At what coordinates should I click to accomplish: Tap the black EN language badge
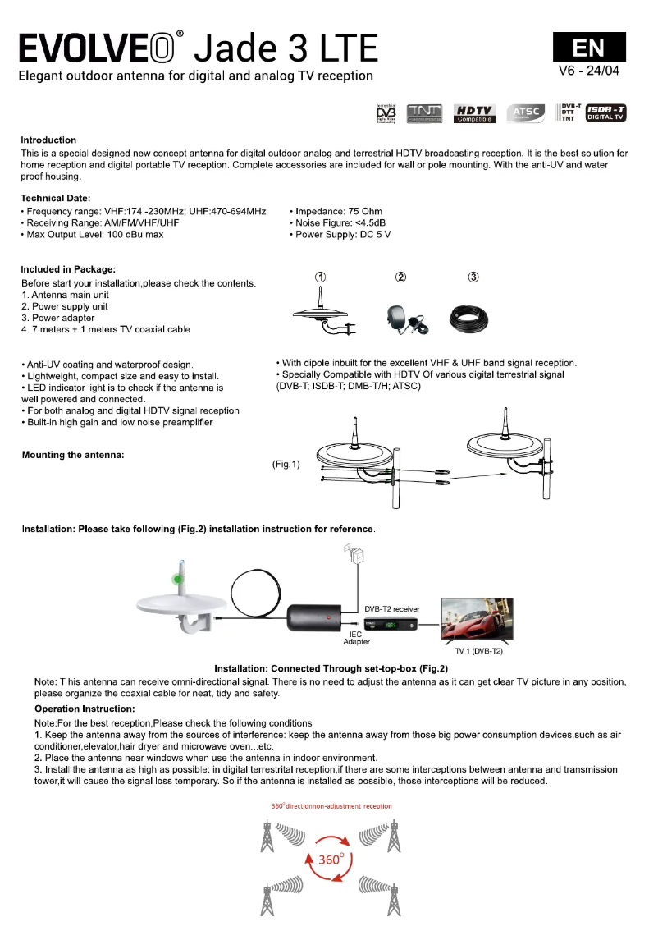tap(588, 47)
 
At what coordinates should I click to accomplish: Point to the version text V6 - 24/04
tap(588, 71)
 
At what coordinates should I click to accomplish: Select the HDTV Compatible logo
tap(475, 113)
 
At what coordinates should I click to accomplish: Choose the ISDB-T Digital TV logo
tap(606, 113)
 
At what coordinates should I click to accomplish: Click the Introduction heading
tap(48, 140)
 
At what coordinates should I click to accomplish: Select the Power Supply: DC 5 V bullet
tap(340, 235)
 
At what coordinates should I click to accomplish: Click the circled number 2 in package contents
tap(400, 277)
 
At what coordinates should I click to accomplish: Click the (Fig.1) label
tap(286, 465)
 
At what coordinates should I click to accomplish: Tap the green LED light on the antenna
tap(178, 580)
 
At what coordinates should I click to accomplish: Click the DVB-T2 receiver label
tap(392, 609)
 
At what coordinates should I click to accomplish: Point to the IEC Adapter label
tap(356, 638)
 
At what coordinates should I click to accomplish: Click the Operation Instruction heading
tap(85, 709)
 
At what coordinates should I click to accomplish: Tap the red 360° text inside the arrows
tap(330, 860)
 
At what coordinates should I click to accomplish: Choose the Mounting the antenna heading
tap(73, 456)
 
